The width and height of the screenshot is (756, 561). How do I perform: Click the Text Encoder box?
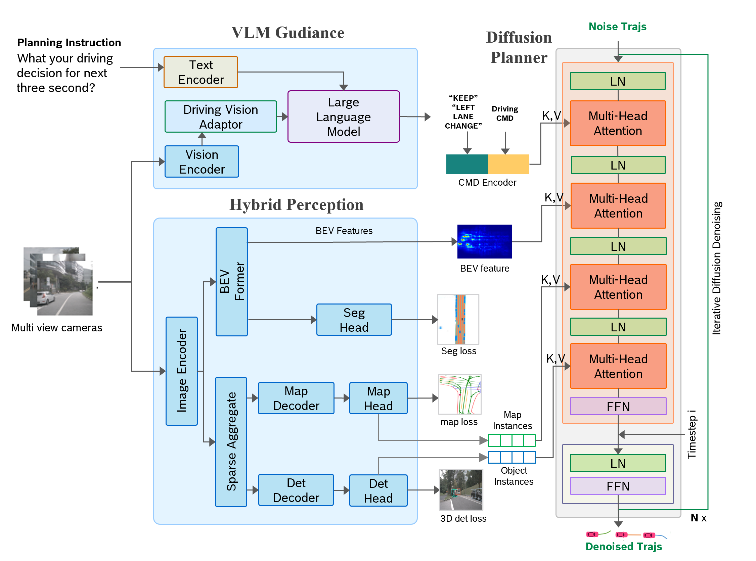201,72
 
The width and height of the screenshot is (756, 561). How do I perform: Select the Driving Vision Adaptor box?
221,116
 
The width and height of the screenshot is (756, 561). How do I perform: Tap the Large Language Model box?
343,116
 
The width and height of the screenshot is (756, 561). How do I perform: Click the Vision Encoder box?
202,161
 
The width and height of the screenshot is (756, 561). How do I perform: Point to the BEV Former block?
232,282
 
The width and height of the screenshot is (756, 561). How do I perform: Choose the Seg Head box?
354,320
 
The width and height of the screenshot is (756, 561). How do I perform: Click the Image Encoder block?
182,371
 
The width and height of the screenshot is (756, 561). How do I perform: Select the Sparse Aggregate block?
231,441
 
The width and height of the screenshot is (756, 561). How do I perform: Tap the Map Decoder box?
296,398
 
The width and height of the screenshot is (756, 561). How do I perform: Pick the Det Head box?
379,490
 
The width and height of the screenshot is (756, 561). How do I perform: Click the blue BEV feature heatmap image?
484,241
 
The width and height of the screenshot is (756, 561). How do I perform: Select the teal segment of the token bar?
466,165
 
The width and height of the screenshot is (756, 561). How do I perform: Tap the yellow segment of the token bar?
508,165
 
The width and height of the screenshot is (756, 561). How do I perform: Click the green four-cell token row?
512,440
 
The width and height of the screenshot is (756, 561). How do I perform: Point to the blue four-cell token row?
512,457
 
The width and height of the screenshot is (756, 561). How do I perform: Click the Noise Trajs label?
617,27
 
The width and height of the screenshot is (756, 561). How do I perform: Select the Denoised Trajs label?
624,547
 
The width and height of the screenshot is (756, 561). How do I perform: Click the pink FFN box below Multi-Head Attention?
618,406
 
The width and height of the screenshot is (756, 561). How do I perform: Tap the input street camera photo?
58,282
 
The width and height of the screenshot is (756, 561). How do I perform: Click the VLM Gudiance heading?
288,33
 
